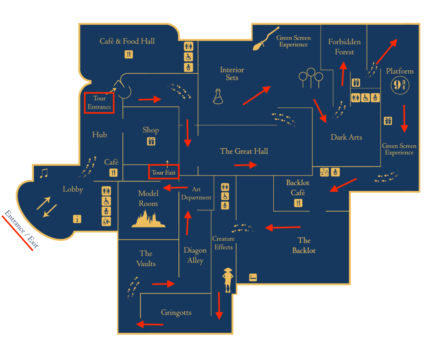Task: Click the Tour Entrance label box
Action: click(99, 103)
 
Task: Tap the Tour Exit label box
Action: click(164, 172)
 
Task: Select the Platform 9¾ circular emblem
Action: click(400, 85)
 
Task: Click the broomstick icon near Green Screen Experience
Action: click(266, 38)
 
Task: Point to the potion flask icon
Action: click(218, 97)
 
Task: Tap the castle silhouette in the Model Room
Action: click(148, 219)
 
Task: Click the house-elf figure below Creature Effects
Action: click(228, 280)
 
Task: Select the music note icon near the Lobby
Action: click(44, 173)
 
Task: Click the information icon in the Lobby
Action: click(77, 219)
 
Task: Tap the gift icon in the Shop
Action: click(151, 141)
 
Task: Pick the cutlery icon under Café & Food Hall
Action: click(129, 54)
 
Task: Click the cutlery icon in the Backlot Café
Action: click(298, 203)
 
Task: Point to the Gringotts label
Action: click(176, 312)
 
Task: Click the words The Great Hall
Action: click(244, 151)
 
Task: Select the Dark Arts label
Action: click(346, 137)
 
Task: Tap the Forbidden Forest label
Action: click(344, 47)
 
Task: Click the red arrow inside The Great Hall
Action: click(246, 165)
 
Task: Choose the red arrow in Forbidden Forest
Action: click(343, 73)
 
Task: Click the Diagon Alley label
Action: click(195, 255)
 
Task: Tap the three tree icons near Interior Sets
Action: click(311, 78)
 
